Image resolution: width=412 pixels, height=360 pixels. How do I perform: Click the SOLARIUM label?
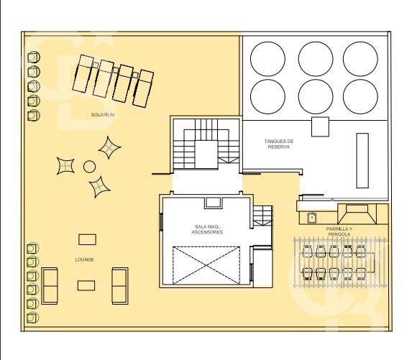tap(103, 115)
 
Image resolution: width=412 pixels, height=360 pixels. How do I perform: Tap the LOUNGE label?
tap(84, 259)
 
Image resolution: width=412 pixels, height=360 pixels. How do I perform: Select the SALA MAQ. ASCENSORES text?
tap(207, 229)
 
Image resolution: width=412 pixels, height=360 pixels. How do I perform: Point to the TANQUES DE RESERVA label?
tap(279, 144)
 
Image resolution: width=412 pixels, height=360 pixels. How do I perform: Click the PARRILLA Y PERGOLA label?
tap(339, 231)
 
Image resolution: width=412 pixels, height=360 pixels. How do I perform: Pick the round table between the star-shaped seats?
tap(89, 167)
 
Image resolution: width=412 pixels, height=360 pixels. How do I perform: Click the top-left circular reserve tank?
tap(267, 59)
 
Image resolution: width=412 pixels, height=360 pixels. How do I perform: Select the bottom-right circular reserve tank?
tap(360, 96)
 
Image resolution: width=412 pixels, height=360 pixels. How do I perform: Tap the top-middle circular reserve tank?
tap(316, 59)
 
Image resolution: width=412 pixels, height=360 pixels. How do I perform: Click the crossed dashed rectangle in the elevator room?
tap(206, 265)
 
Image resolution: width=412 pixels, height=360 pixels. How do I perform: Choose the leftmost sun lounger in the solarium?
tap(83, 73)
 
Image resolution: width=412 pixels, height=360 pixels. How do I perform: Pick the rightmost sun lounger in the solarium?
tap(143, 88)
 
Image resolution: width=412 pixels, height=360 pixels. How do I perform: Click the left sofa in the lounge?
tap(50, 286)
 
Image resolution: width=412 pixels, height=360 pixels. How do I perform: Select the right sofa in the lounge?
tap(120, 286)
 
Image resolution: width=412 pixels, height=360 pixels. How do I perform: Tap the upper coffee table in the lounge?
tap(87, 239)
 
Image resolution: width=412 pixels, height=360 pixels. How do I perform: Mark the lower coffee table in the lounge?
tap(86, 285)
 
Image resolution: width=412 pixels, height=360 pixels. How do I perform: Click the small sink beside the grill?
tap(312, 218)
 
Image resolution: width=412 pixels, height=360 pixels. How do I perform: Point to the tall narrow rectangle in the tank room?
tap(362, 161)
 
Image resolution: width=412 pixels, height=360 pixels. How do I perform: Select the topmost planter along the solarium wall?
tap(34, 57)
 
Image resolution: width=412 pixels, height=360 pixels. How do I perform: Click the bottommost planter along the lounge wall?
tap(32, 318)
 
